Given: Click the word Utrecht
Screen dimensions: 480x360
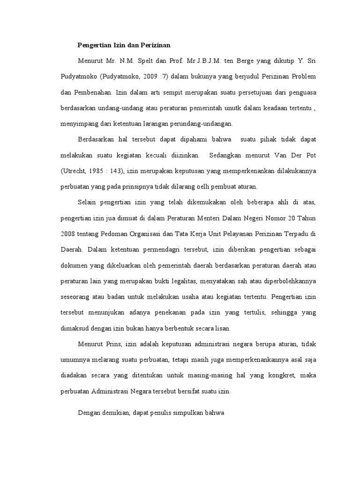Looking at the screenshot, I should click(x=76, y=171).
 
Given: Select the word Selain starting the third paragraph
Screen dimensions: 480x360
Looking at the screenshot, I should click(x=88, y=202).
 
